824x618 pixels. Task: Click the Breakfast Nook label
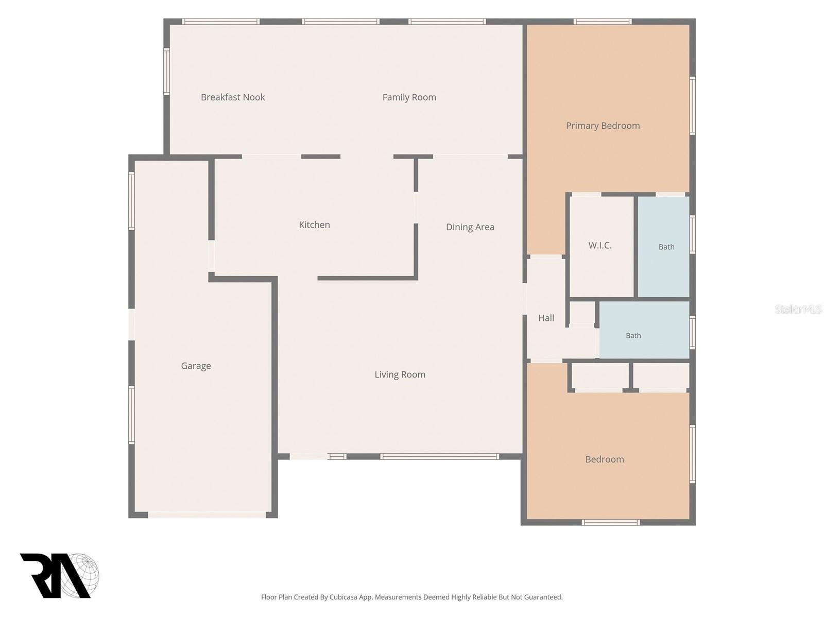[233, 97]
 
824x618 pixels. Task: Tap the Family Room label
[409, 97]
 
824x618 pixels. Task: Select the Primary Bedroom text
[603, 126]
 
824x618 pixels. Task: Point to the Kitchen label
[314, 225]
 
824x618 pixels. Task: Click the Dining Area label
[470, 227]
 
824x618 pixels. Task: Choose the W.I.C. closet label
[600, 246]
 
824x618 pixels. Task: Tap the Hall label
[546, 318]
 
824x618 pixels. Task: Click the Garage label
[196, 366]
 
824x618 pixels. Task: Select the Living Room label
[400, 374]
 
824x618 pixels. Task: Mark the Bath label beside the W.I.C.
[666, 247]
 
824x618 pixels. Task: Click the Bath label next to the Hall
[633, 335]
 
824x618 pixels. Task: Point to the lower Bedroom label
[605, 459]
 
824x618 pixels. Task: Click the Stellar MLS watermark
[798, 309]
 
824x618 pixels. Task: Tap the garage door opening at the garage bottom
[207, 515]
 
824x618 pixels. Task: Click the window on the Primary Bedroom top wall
[602, 22]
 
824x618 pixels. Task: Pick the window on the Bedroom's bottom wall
[610, 522]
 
